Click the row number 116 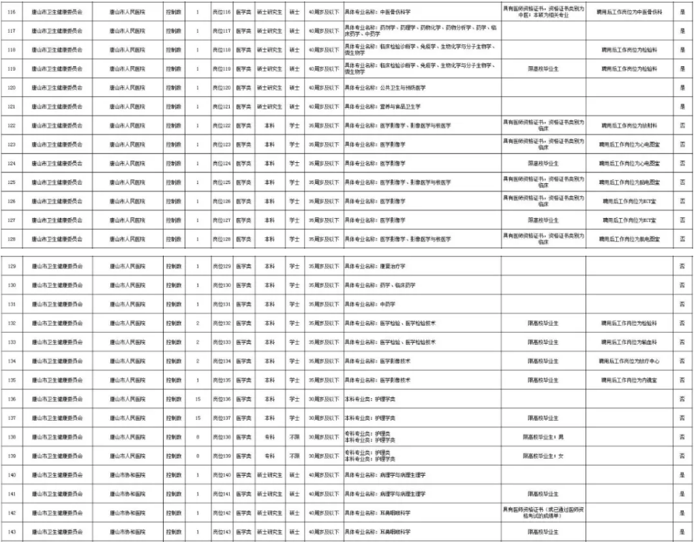click(11, 12)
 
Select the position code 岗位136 click(222, 399)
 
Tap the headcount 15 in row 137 click(198, 418)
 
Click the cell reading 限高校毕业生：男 click(543, 437)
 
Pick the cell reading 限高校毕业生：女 click(543, 455)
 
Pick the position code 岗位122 click(222, 125)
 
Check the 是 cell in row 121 click(682, 107)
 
